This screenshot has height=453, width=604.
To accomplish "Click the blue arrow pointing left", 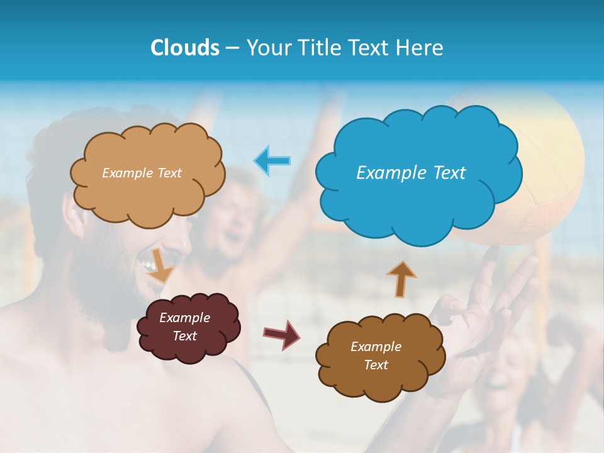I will (x=272, y=160).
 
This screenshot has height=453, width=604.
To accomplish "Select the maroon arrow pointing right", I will (x=281, y=333).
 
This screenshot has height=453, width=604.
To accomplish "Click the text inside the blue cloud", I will (x=411, y=172).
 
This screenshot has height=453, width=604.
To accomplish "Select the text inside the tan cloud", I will (x=142, y=172).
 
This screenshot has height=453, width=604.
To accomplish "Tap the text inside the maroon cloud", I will (x=185, y=327).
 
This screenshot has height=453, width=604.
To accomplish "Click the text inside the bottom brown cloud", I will (x=376, y=355).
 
